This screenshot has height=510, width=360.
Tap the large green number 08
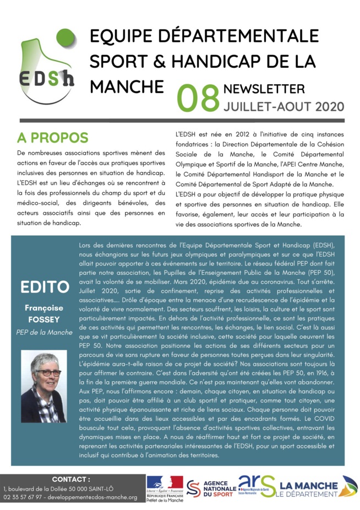click(x=198, y=98)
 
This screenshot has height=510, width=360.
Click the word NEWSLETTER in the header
click(x=264, y=89)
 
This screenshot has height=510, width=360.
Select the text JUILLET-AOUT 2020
click(x=283, y=105)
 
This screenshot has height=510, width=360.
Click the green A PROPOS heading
click(x=52, y=137)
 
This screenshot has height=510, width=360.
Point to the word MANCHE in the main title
click(x=127, y=86)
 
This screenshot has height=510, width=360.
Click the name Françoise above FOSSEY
click(x=44, y=308)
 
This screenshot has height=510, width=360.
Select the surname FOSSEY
click(x=45, y=319)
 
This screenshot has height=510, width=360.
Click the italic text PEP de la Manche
click(x=45, y=332)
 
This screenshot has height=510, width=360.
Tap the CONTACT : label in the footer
click(x=71, y=479)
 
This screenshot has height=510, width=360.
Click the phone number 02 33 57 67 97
click(x=22, y=497)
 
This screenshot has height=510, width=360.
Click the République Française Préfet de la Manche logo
click(x=164, y=488)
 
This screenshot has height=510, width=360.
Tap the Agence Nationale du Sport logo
click(x=210, y=488)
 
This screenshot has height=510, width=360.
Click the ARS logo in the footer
click(x=256, y=487)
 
